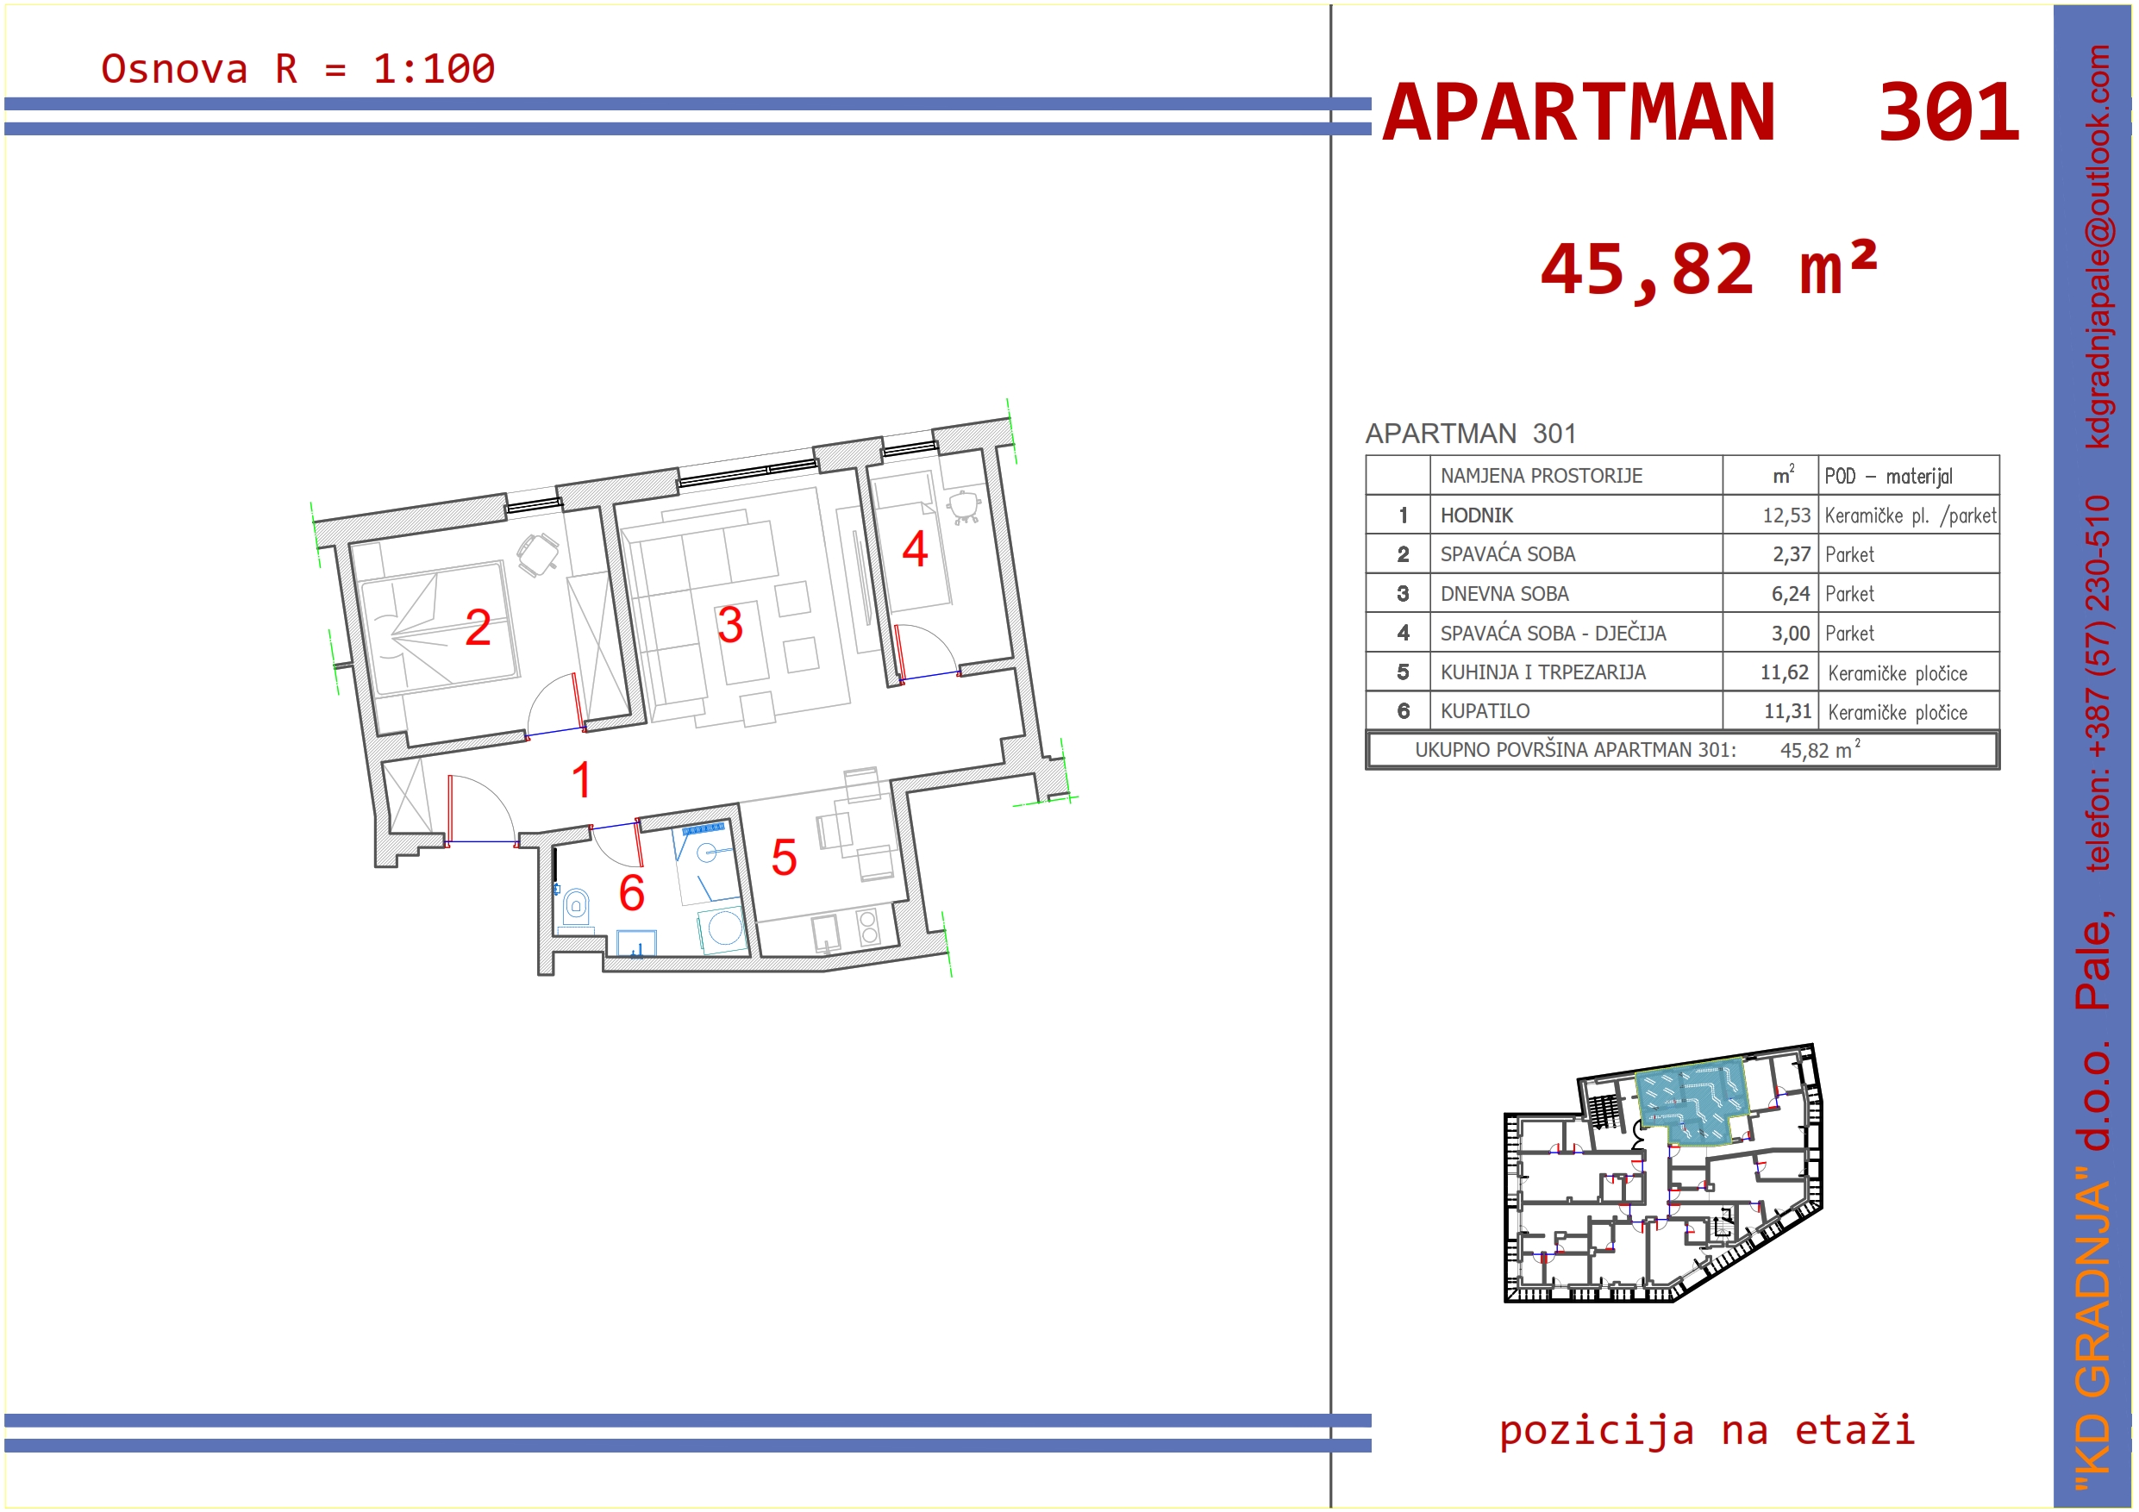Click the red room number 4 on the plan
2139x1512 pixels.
pyautogui.click(x=915, y=549)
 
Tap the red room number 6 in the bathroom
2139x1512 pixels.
pyautogui.click(x=632, y=892)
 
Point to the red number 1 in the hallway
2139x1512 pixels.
pyautogui.click(x=582, y=780)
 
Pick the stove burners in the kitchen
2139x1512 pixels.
pyautogui.click(x=868, y=927)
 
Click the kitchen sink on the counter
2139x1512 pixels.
pyautogui.click(x=825, y=933)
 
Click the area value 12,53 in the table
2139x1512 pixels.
pyautogui.click(x=1786, y=515)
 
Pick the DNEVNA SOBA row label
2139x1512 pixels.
pyautogui.click(x=1504, y=593)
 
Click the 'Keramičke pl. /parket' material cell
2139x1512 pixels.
pyautogui.click(x=1910, y=515)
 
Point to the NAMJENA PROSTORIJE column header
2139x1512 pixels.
pyautogui.click(x=1542, y=476)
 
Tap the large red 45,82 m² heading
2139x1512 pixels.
pyautogui.click(x=1709, y=269)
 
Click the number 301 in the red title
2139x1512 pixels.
pyautogui.click(x=1949, y=113)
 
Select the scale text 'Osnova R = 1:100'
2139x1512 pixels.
pyautogui.click(x=298, y=69)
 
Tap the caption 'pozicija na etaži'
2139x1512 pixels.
pyautogui.click(x=1707, y=1430)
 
